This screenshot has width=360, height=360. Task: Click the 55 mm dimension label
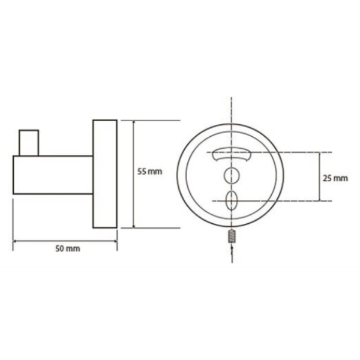pos(149,172)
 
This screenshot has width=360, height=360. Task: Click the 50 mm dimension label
pos(68,248)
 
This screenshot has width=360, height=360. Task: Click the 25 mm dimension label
pos(335,178)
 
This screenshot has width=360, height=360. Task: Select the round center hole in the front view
pos(232,176)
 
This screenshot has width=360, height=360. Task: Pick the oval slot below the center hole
pos(231,200)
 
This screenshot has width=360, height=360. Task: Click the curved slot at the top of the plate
pos(232,155)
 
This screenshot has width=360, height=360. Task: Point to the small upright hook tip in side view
pos(29,143)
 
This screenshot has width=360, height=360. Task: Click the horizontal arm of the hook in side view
pos(53,175)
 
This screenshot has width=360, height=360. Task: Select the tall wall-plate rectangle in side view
pos(105,174)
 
